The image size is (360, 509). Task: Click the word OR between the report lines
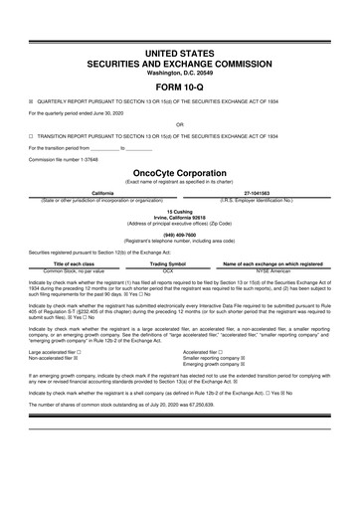180,125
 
